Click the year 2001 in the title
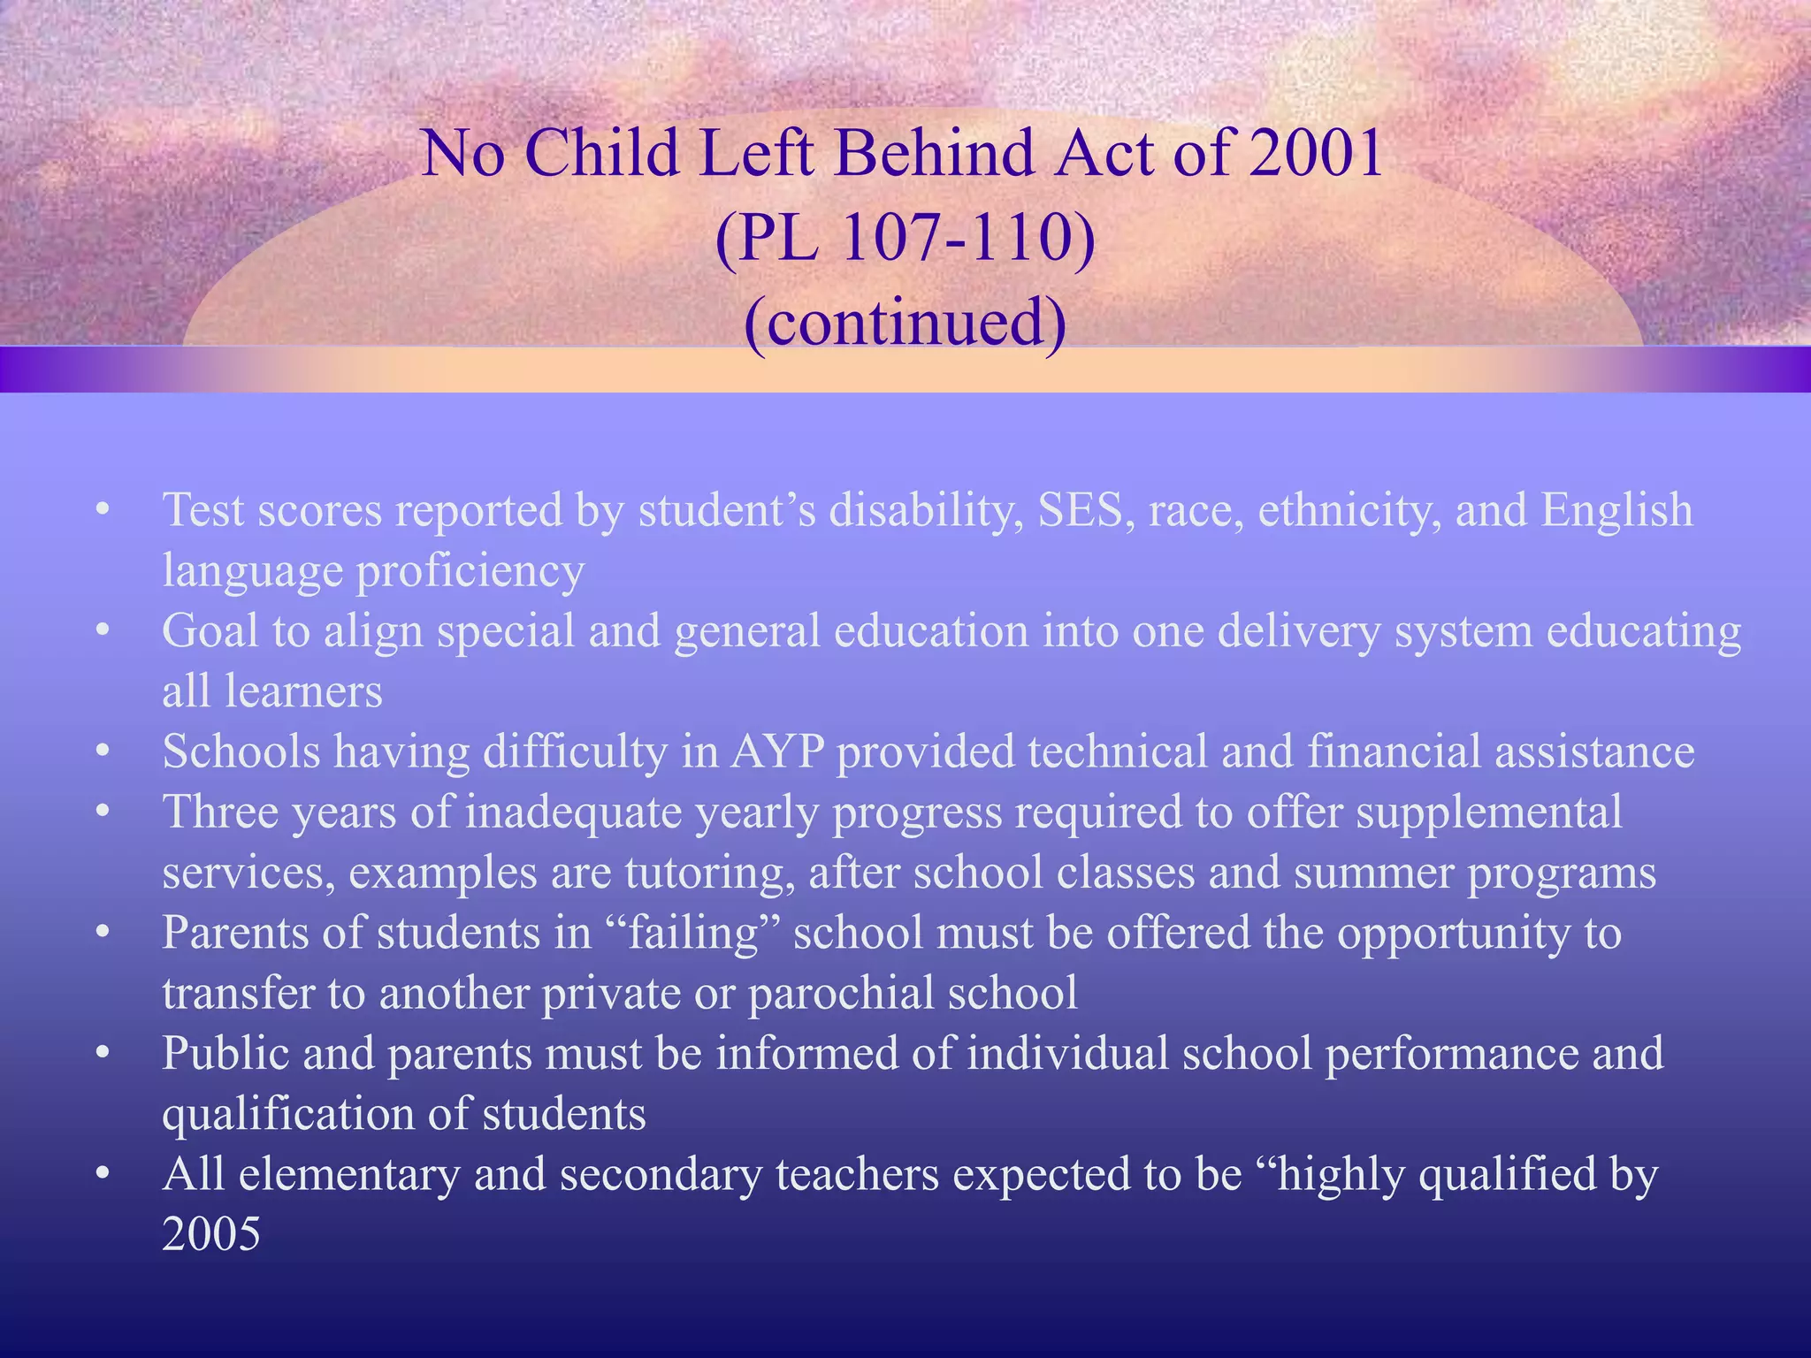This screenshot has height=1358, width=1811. pos(1317,153)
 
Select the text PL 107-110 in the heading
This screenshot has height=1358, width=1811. pos(905,237)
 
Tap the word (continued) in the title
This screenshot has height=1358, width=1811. pos(905,322)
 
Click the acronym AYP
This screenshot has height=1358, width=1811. pos(777,751)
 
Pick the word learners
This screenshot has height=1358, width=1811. pos(303,691)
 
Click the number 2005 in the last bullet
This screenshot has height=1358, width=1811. pos(211,1234)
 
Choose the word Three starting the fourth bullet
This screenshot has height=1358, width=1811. pos(220,812)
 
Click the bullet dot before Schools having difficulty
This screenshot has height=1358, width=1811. pos(103,751)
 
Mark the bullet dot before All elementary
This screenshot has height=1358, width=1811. pos(103,1174)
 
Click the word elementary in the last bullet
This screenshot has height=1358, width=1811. pos(348,1175)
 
